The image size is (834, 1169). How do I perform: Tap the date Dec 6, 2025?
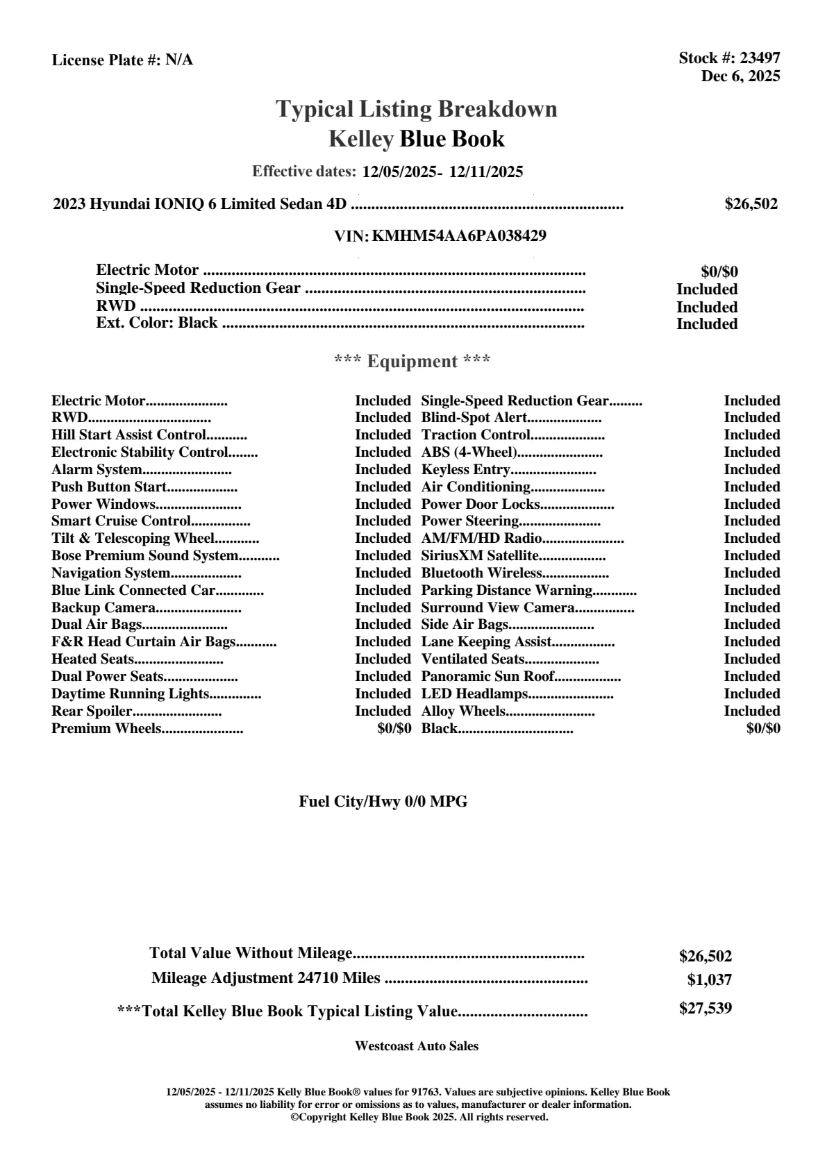[x=740, y=76]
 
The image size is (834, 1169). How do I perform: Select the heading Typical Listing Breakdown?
[x=417, y=109]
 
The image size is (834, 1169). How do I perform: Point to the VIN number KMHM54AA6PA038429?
[x=459, y=236]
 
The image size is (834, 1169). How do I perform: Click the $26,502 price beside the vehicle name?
[x=751, y=204]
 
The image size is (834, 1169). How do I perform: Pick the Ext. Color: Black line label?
[x=156, y=323]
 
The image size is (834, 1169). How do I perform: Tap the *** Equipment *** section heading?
[x=412, y=362]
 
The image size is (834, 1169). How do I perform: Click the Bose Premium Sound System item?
[x=144, y=556]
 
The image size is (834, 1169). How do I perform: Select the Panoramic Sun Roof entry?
[x=487, y=677]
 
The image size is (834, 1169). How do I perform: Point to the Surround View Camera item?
[x=498, y=608]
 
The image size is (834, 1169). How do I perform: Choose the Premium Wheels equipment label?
[x=106, y=729]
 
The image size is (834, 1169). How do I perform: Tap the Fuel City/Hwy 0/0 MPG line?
[x=383, y=802]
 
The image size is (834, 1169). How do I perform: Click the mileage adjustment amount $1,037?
[x=710, y=981]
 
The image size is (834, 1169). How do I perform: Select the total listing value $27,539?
[x=706, y=1009]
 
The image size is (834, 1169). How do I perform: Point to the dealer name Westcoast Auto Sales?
[x=417, y=1046]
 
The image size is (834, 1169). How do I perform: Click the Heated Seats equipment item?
[x=92, y=659]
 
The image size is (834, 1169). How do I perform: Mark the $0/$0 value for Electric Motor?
[x=719, y=272]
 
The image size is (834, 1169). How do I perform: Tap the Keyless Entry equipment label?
[x=465, y=470]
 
